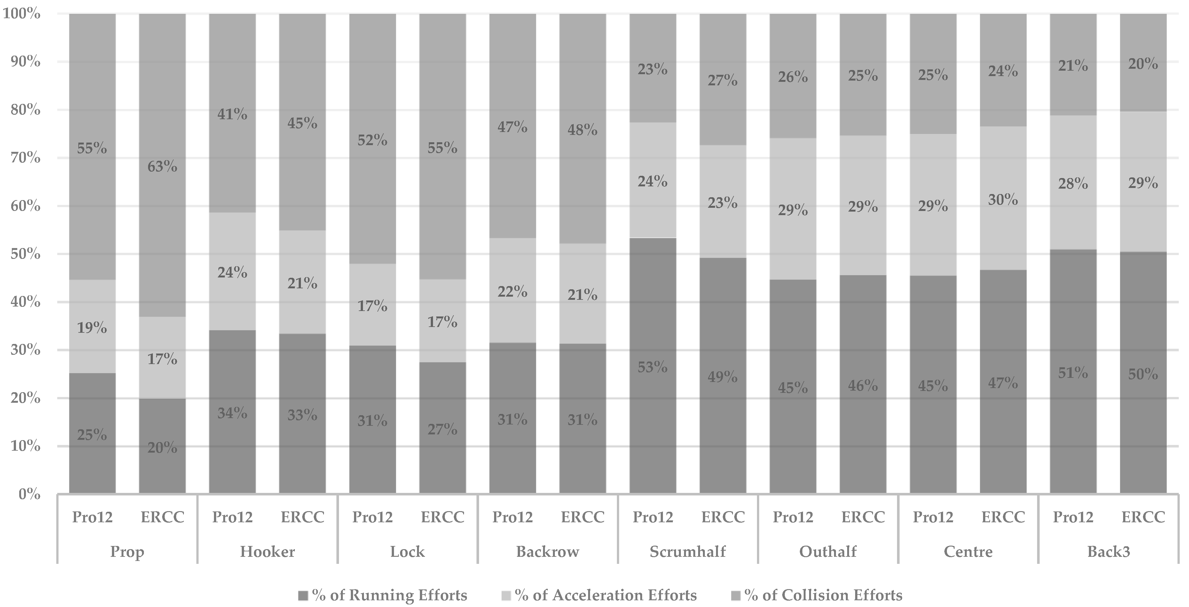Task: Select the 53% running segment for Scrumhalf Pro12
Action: [653, 367]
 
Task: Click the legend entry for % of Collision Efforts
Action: [823, 595]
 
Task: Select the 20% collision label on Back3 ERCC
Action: [1143, 64]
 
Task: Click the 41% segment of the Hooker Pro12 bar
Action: [232, 113]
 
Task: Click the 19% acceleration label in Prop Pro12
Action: [92, 328]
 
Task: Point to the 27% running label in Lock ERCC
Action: [442, 429]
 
